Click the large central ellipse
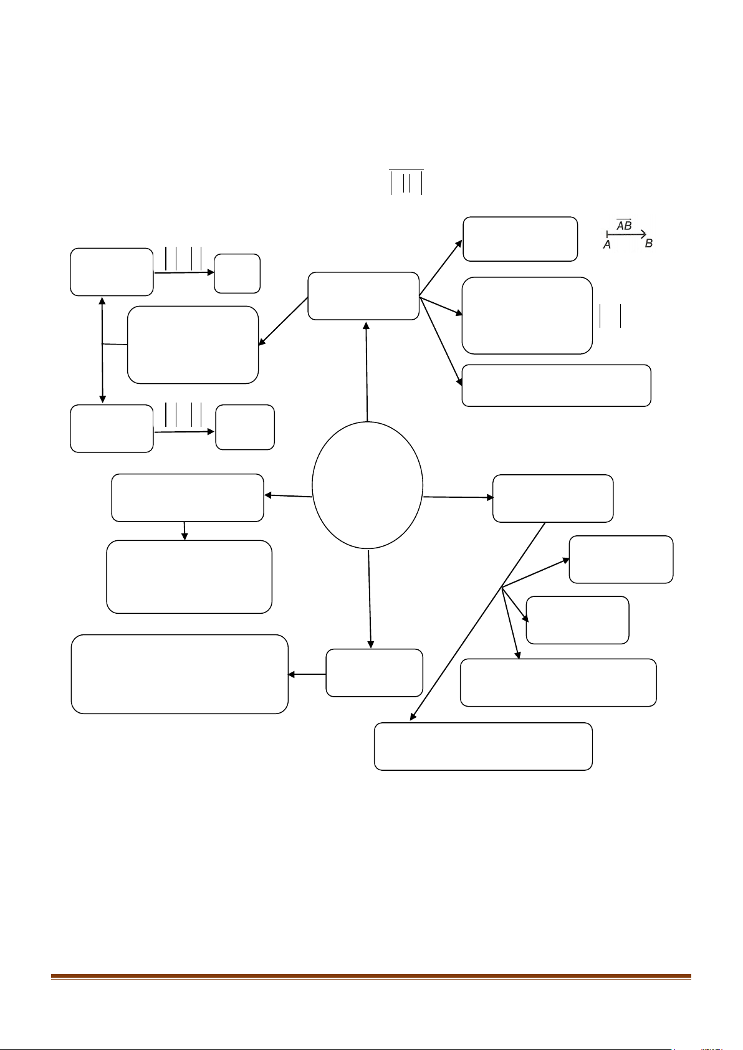313,485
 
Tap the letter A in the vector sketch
606,245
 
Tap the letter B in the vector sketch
649,243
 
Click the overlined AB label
624,225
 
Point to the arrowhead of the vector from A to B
644,234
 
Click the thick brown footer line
371,976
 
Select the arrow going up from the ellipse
367,371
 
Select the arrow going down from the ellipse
370,599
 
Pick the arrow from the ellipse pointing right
458,497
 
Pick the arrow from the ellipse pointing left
288,495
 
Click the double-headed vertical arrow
102,350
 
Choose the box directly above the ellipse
363,296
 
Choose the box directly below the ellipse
374,672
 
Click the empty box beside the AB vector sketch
520,239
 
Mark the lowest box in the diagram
483,747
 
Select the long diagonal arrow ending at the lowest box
477,621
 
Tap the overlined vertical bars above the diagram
406,182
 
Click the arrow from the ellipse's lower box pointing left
307,674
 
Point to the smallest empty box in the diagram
237,274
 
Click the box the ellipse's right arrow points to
553,499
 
